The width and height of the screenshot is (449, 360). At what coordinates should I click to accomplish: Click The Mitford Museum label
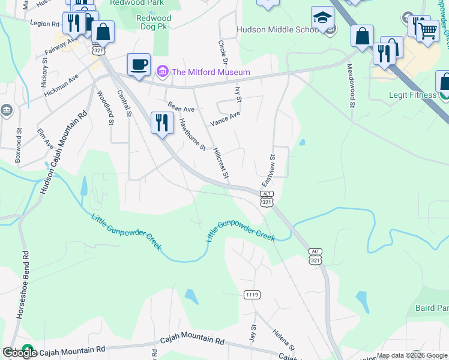tap(211, 73)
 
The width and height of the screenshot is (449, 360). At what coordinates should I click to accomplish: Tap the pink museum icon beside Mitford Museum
tap(162, 73)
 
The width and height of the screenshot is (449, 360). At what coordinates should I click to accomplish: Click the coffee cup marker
tap(139, 64)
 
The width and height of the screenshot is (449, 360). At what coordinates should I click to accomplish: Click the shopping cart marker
tap(427, 29)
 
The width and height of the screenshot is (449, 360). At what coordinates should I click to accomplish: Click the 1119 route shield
tap(252, 295)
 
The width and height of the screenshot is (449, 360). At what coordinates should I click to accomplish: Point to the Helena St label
tap(285, 340)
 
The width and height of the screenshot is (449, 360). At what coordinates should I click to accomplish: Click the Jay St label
tap(253, 334)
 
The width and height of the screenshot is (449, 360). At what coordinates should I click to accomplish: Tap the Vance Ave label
tap(224, 118)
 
